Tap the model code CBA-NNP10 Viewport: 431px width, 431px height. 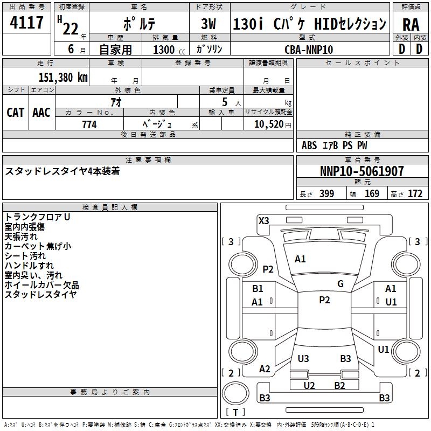tap(309, 50)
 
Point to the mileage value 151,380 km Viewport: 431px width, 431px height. tap(63, 77)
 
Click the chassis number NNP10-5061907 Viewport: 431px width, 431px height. tap(362, 171)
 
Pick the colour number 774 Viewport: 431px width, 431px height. tap(89, 124)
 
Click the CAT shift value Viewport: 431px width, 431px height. tap(15, 112)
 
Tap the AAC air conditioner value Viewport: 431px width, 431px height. tap(41, 112)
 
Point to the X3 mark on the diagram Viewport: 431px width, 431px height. tap(264, 220)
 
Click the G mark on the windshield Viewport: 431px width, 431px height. tap(340, 284)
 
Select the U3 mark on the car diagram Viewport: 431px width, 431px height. tap(303, 358)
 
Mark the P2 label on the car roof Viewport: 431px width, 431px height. tap(324, 300)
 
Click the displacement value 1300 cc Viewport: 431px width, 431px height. tap(168, 50)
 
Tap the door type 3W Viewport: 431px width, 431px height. tap(208, 24)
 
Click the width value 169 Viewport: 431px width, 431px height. tap(372, 194)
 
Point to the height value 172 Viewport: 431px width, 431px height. tap(415, 194)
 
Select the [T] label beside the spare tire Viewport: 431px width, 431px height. tap(235, 412)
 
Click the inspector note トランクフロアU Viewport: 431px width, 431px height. tap(38, 217)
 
